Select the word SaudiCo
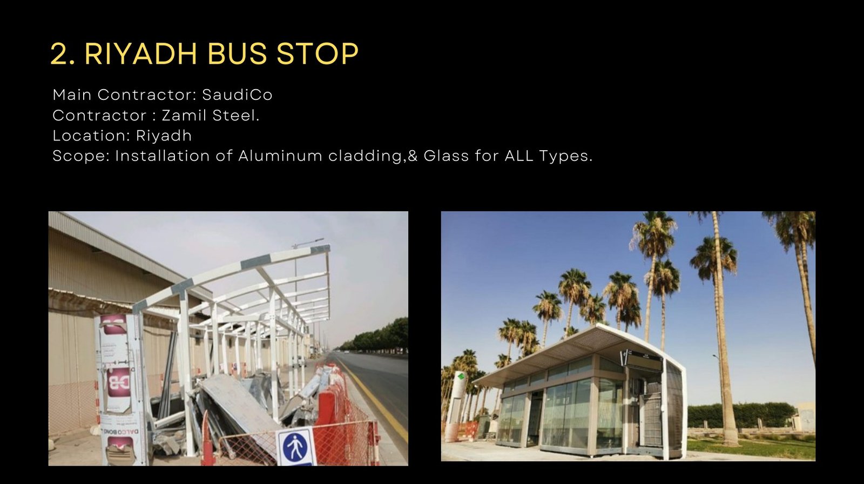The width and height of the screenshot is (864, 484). point(237,95)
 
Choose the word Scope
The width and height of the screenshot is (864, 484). point(81,156)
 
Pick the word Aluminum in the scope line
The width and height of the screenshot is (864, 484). point(280,156)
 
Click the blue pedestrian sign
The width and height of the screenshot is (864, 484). point(295,447)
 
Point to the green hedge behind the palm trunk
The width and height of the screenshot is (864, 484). point(756,415)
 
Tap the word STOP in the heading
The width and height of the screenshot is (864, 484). point(318,54)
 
